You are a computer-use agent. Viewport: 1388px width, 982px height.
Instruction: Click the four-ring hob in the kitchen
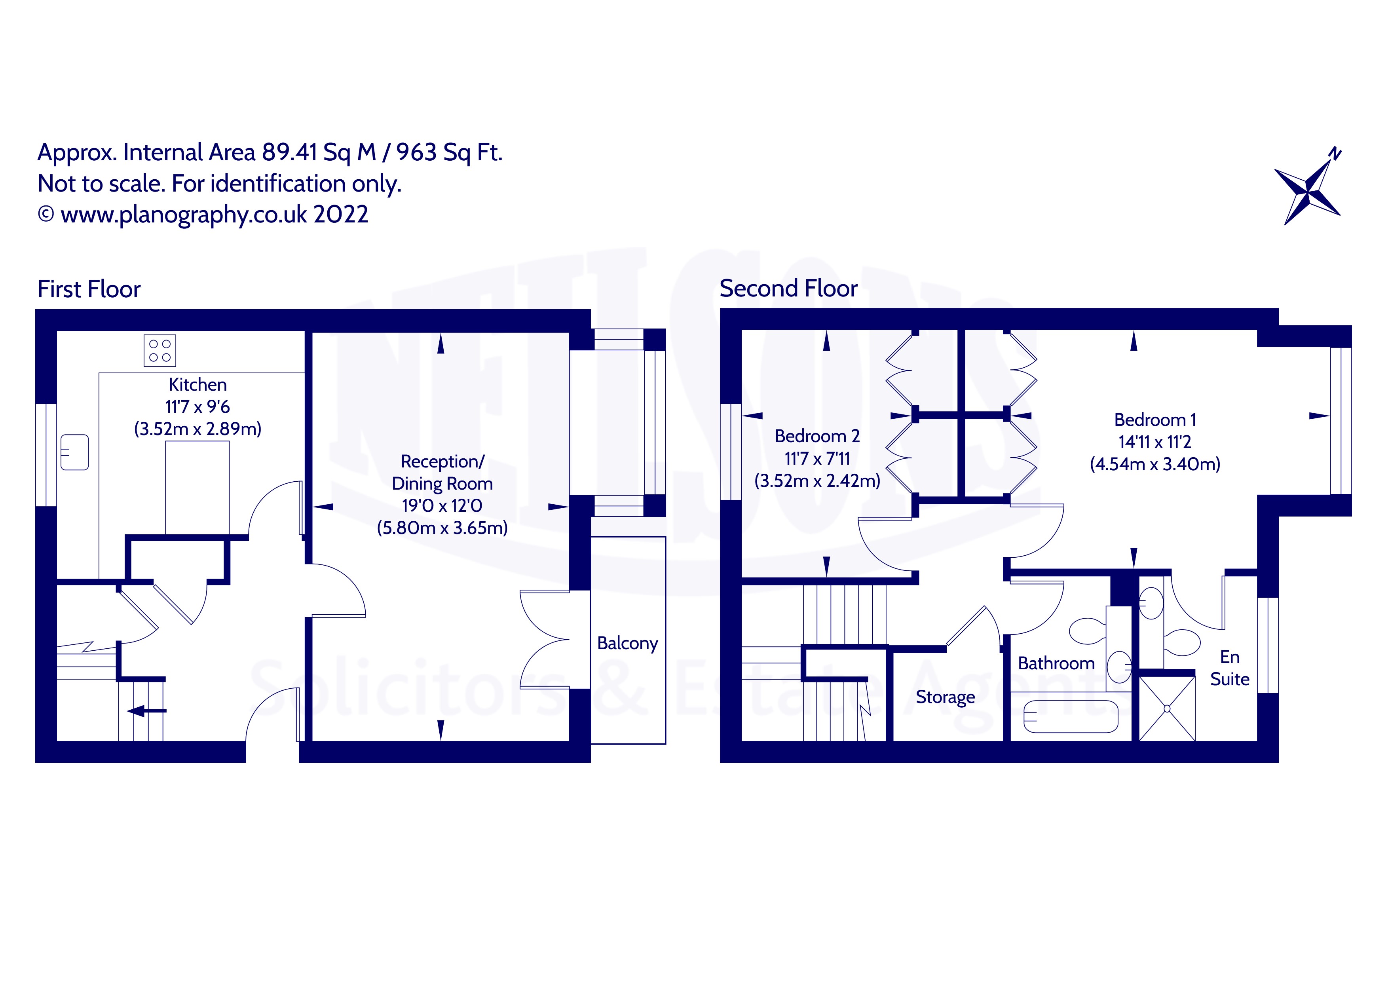(159, 350)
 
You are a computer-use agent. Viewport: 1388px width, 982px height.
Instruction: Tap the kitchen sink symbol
(74, 452)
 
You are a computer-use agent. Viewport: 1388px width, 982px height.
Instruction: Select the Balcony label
(627, 643)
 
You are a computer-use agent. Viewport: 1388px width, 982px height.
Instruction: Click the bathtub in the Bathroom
(1070, 716)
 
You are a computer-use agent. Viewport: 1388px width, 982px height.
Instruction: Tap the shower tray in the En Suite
(1167, 708)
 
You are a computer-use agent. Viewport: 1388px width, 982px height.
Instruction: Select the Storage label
(945, 697)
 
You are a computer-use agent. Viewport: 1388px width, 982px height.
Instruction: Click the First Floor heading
(89, 289)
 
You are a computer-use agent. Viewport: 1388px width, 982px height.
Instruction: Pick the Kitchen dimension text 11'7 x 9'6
(197, 406)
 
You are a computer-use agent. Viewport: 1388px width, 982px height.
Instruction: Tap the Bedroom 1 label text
(1154, 420)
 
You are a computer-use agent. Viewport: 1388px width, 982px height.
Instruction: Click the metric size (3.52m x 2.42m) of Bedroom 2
(817, 481)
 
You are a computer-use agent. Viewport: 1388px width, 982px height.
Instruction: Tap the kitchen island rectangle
(197, 487)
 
